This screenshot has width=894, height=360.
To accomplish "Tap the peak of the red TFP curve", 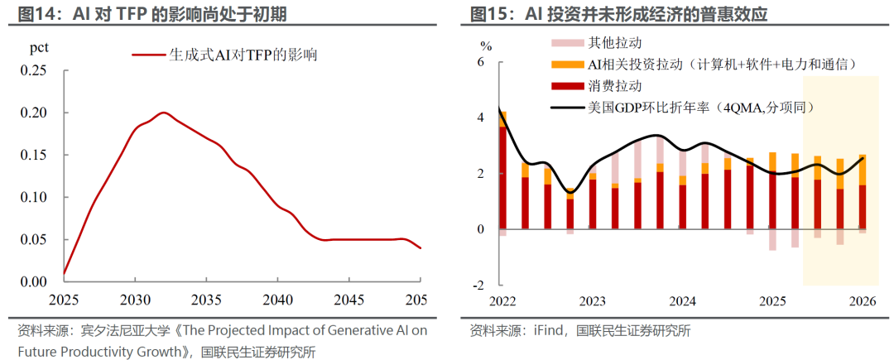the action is (164, 113).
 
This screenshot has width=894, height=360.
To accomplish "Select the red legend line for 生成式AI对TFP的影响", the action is (149, 55).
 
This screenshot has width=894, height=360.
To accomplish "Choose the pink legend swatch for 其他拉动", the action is (567, 42).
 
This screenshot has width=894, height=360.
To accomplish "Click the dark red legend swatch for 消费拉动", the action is (567, 87).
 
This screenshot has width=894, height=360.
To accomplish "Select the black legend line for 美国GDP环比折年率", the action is (567, 107).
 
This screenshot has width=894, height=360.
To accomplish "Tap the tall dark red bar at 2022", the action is (503, 178).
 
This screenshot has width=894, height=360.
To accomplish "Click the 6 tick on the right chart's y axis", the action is (479, 61).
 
